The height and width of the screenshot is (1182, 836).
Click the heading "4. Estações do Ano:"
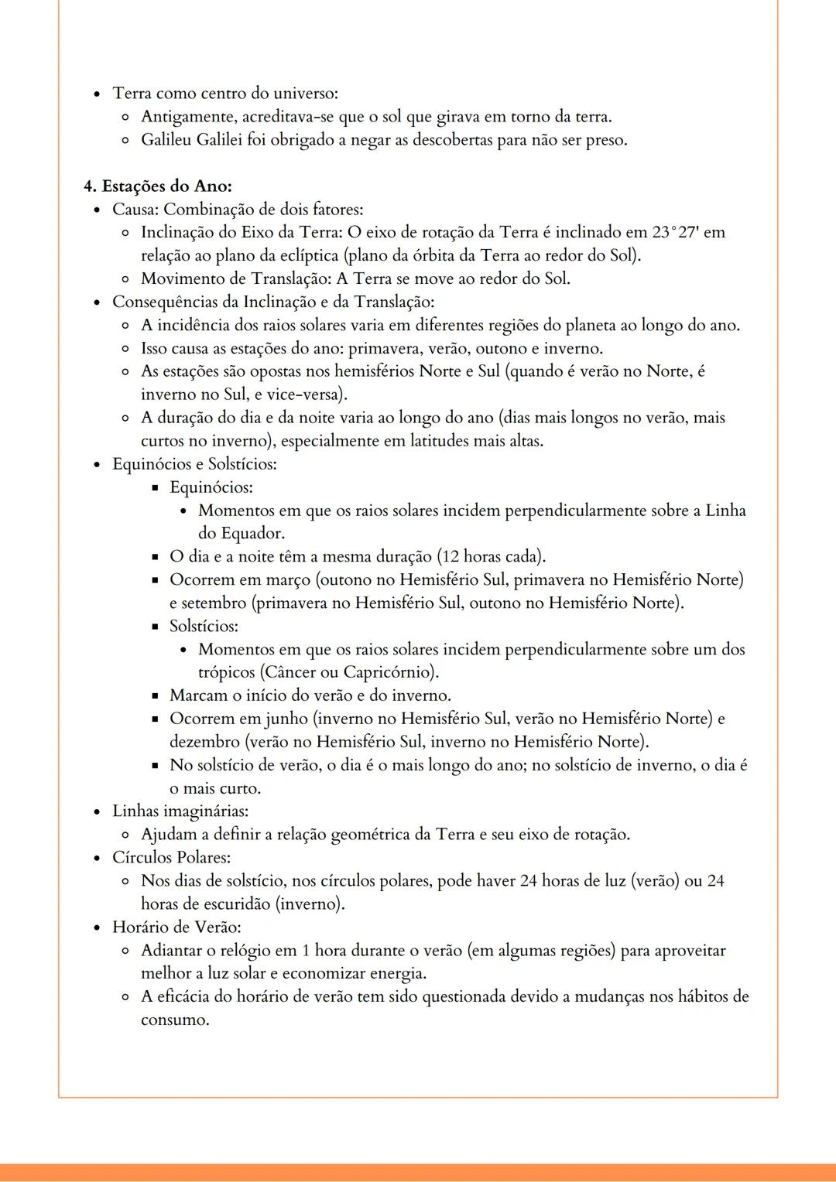(158, 186)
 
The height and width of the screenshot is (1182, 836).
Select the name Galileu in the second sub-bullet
(166, 140)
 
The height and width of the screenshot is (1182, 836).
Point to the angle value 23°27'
(675, 232)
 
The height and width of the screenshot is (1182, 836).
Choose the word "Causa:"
(135, 209)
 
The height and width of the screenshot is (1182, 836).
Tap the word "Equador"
(251, 534)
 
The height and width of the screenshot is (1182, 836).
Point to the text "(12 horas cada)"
(492, 557)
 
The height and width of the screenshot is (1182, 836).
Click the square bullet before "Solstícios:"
(155, 627)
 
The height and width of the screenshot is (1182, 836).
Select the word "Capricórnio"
(389, 672)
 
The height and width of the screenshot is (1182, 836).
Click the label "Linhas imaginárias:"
(180, 811)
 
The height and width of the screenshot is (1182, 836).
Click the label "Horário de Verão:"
(176, 927)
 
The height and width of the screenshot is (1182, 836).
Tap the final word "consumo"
(173, 1020)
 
